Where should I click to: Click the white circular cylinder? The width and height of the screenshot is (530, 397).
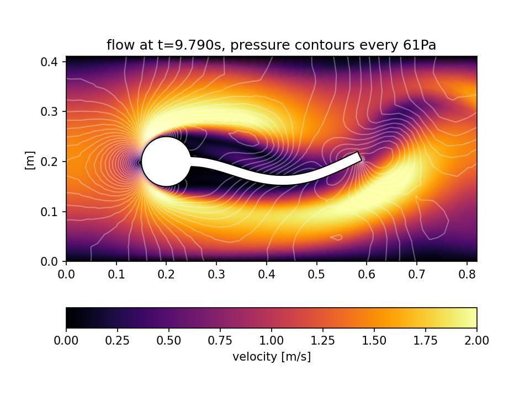click(166, 162)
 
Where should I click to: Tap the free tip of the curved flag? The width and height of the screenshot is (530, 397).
click(359, 157)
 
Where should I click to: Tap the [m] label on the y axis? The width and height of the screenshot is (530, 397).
click(31, 160)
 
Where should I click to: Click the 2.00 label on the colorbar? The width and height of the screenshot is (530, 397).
click(477, 341)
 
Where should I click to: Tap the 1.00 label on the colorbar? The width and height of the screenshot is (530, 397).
click(272, 341)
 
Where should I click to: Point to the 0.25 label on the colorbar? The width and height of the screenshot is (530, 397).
click(118, 341)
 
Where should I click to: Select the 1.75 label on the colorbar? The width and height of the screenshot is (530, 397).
click(426, 341)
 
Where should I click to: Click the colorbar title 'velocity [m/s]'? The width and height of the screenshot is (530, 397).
click(272, 357)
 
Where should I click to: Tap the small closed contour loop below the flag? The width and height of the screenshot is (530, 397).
click(336, 237)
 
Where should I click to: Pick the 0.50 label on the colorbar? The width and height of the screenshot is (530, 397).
click(169, 341)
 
